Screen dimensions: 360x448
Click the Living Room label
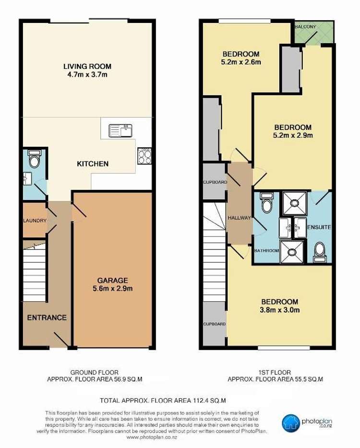pos(87,67)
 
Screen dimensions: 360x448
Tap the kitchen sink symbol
pos(120,131)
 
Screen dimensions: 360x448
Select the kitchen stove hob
pos(144,156)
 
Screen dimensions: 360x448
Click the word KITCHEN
pos(93,164)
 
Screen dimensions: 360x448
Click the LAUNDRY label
pos(35,221)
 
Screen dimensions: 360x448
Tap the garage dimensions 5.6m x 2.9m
pos(113,288)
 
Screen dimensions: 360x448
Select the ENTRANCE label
pos(47,318)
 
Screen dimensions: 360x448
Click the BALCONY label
pos(305,26)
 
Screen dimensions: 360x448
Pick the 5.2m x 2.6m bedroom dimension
pos(241,62)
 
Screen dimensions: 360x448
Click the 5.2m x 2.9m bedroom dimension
pos(293,135)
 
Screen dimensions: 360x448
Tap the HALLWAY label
pos(240,218)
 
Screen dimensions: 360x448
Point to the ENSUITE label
pos(319,227)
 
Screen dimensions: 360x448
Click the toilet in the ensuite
pos(319,253)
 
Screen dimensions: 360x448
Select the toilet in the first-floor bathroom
pos(267,202)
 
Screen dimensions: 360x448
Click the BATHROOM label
pos(266,250)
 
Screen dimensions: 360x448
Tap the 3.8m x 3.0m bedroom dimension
pos(280,310)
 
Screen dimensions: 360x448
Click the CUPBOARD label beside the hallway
pos(215,182)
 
